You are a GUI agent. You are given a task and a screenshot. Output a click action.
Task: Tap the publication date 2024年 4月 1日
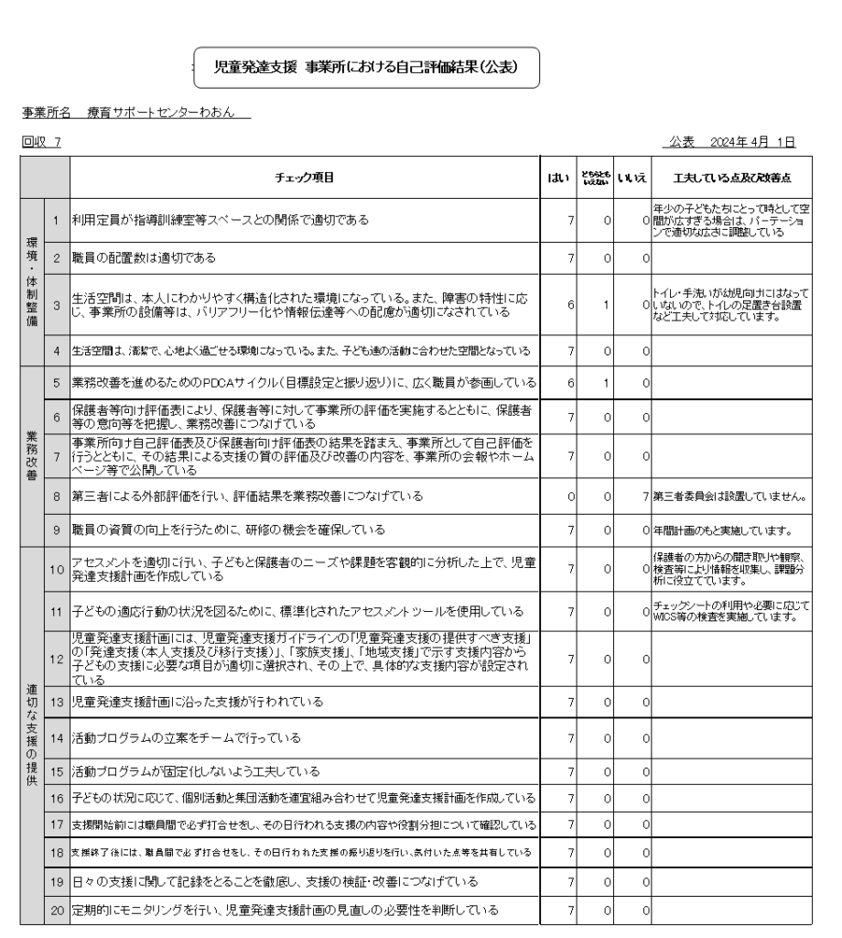[731, 143]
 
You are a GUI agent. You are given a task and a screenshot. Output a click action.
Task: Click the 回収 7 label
[45, 143]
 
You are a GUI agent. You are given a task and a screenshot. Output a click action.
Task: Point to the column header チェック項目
[305, 176]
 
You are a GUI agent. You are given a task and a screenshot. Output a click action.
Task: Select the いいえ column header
[632, 176]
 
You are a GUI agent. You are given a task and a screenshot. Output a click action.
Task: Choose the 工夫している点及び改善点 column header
[732, 176]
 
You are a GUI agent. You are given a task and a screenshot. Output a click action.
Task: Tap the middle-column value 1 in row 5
[607, 381]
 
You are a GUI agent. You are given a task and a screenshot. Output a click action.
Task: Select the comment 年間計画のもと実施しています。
[729, 530]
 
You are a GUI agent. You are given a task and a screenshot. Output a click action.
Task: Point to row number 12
[56, 658]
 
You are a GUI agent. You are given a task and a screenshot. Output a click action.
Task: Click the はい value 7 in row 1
[570, 220]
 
